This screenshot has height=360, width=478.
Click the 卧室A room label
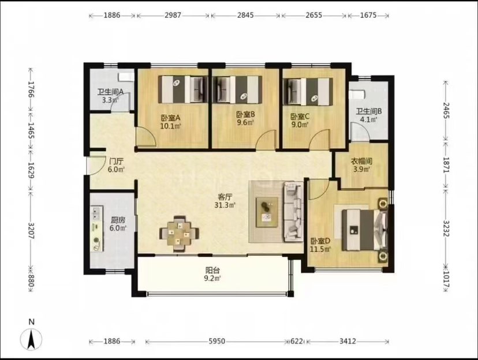171,118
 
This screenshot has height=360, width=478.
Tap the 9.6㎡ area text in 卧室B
245,122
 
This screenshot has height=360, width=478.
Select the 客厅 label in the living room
225,197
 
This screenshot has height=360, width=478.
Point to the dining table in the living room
179,234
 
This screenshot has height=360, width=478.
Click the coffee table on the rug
267,212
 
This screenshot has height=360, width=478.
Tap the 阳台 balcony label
212,270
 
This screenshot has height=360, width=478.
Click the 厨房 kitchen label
118,220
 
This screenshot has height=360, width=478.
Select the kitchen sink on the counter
97,213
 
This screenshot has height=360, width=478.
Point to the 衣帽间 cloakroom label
361,162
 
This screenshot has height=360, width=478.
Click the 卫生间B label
369,111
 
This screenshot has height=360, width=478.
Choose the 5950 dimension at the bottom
216,341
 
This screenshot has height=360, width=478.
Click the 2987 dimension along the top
173,15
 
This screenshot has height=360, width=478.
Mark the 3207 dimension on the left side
31,231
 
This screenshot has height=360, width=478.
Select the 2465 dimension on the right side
446,111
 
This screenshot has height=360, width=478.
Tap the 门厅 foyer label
116,162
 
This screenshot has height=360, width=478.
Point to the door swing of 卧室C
320,140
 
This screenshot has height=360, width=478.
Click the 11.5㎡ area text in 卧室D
320,249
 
